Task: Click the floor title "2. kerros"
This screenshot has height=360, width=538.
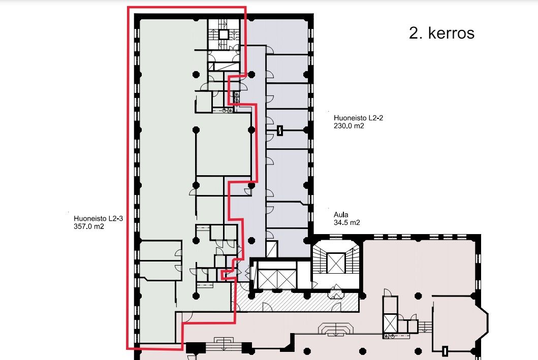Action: click(441, 33)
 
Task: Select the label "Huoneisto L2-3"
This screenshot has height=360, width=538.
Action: click(98, 218)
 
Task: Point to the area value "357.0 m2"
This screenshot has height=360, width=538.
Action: click(88, 226)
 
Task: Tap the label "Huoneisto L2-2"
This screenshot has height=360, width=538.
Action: click(358, 118)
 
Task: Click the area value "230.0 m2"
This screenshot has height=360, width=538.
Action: click(349, 126)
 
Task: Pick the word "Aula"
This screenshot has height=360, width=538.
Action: click(341, 215)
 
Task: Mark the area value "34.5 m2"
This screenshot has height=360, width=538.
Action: click(347, 222)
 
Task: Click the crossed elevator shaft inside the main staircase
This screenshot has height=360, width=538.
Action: click(336, 263)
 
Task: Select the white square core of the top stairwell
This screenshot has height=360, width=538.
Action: click(224, 35)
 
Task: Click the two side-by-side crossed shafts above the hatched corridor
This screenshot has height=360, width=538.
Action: click(276, 279)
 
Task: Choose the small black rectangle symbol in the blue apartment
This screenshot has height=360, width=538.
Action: click(279, 130)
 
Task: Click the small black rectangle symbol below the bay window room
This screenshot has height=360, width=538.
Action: click(445, 351)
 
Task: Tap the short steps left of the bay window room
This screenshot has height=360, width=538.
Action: click(425, 326)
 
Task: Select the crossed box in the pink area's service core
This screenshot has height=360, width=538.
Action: click(390, 323)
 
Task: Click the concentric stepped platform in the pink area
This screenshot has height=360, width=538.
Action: click(335, 329)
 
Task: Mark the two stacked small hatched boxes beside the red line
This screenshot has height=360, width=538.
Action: click(236, 97)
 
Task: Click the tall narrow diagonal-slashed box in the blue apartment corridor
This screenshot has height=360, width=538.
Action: click(272, 249)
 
